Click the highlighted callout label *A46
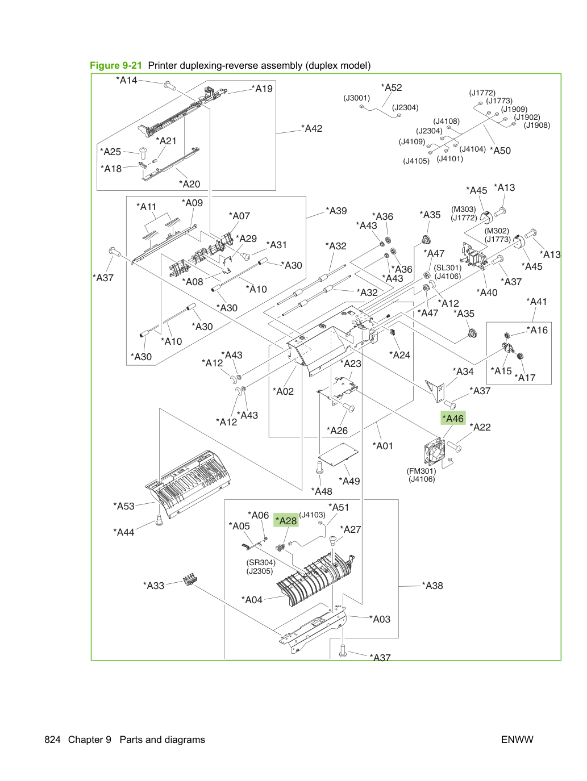[x=453, y=418]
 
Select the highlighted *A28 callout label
[x=286, y=520]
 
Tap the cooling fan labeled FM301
[x=435, y=451]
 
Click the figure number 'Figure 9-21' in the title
[x=116, y=65]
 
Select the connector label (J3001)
[x=356, y=98]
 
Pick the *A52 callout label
[x=391, y=87]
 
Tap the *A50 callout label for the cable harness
[x=500, y=151]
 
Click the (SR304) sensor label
[x=261, y=562]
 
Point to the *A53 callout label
[x=124, y=506]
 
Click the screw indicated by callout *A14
[x=169, y=86]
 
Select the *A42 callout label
[x=311, y=128]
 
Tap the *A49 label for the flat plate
[x=349, y=481]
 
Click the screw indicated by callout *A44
[x=159, y=520]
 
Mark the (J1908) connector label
[x=536, y=126]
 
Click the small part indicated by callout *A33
[x=190, y=579]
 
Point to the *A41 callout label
[x=536, y=302]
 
